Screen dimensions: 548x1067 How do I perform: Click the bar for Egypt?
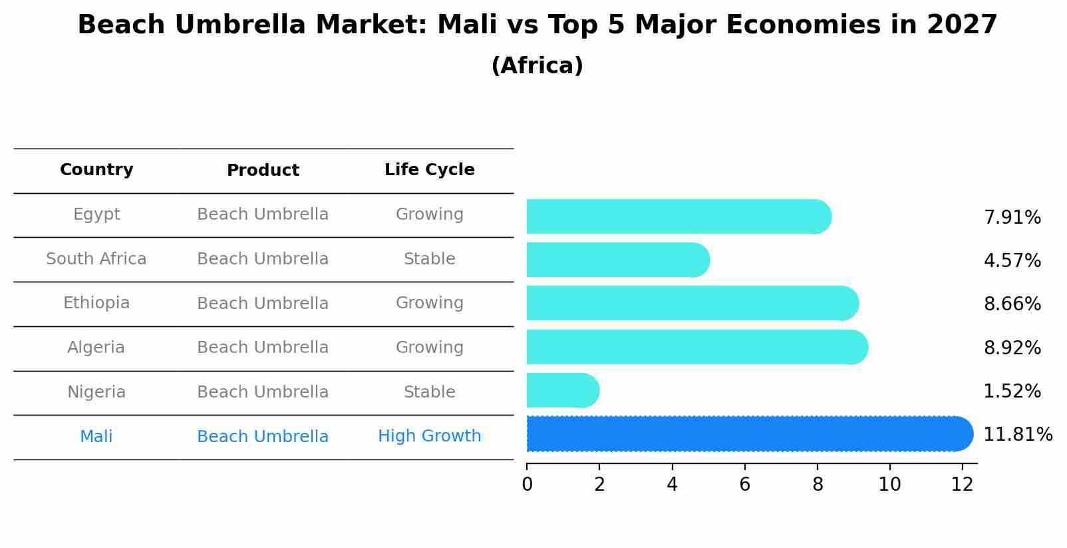click(679, 216)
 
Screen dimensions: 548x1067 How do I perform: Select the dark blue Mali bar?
click(749, 434)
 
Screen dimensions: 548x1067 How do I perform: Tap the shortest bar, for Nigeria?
click(563, 390)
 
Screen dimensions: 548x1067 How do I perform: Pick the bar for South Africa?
click(617, 260)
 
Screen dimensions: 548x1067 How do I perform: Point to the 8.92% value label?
click(1012, 348)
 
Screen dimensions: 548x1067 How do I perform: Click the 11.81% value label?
click(1017, 434)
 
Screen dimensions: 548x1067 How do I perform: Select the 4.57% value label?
click(1012, 260)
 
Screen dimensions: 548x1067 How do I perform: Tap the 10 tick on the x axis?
click(889, 485)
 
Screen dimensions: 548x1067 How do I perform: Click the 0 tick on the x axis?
click(528, 485)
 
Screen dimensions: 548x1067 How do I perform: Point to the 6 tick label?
click(744, 485)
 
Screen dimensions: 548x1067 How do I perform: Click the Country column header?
click(96, 170)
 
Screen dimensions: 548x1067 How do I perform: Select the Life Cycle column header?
click(429, 170)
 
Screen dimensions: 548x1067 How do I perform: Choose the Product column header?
click(263, 170)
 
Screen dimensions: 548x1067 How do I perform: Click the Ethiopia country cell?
click(96, 303)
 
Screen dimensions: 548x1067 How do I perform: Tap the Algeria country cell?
click(96, 348)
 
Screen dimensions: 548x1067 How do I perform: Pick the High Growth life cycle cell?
click(429, 436)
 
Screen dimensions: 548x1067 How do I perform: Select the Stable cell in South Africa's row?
click(429, 259)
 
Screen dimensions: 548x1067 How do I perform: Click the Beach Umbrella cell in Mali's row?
click(263, 437)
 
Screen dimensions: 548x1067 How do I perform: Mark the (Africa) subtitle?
click(537, 66)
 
